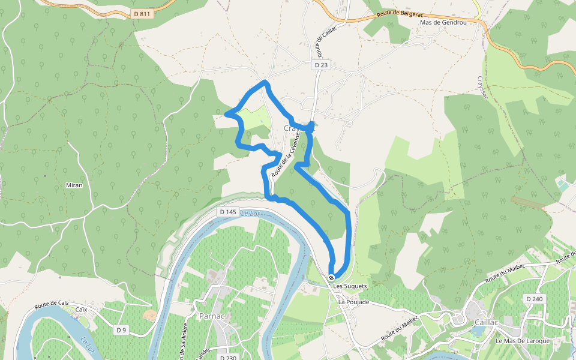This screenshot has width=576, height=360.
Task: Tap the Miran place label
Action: (74, 185)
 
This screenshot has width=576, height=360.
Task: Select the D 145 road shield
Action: (228, 212)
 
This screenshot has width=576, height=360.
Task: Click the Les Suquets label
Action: (350, 286)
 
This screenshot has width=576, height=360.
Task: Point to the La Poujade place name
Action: (354, 302)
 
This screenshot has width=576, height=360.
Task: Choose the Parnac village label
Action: (211, 316)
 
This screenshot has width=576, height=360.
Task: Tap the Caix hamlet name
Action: (81, 310)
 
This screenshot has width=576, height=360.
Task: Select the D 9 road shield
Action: (122, 330)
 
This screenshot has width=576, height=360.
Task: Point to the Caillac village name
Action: (486, 322)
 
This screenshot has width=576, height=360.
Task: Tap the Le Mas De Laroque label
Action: (523, 341)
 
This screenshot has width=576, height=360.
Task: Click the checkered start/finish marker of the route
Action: (331, 278)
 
